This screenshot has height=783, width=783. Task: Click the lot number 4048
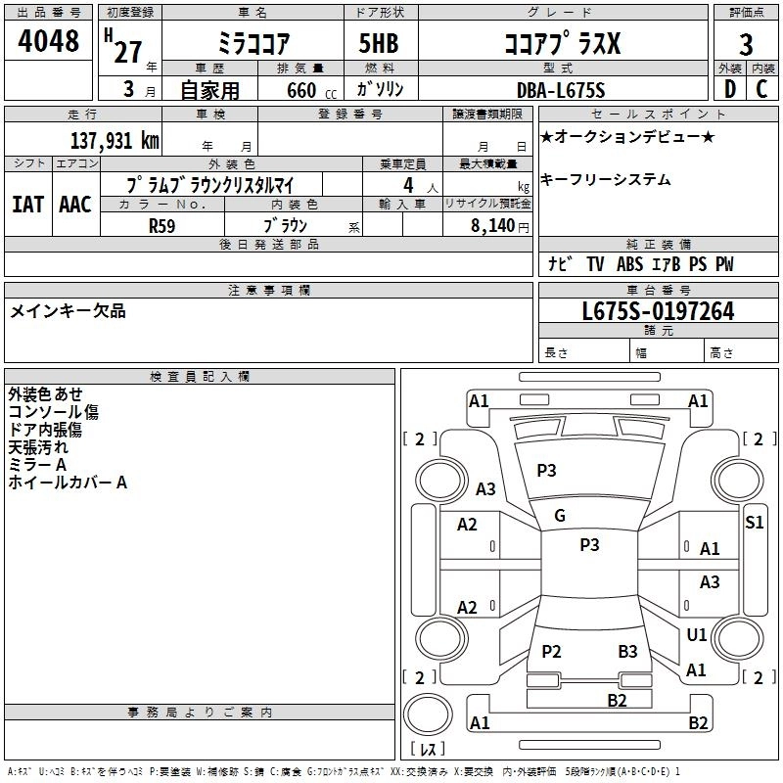click(49, 42)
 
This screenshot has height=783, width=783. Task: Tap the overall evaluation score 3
click(746, 44)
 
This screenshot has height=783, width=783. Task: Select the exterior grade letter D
click(729, 89)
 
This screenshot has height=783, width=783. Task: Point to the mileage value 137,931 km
click(115, 140)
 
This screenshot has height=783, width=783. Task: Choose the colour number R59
click(162, 225)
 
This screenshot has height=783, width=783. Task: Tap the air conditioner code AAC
click(74, 205)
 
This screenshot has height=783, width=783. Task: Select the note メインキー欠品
click(68, 311)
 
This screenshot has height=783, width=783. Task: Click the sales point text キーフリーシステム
click(606, 180)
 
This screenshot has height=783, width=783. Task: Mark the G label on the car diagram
click(560, 516)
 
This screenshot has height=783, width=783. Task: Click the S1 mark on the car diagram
click(754, 522)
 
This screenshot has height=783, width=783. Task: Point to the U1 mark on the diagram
click(697, 635)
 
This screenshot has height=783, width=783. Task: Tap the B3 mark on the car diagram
click(627, 652)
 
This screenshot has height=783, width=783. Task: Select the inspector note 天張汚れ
click(38, 447)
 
